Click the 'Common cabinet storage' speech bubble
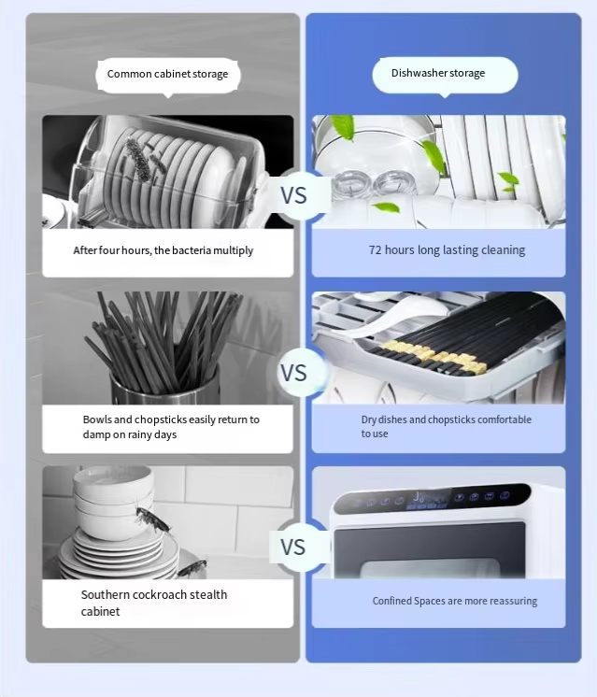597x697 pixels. coord(168,75)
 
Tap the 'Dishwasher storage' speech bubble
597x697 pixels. coord(445,75)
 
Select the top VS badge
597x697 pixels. coord(294,195)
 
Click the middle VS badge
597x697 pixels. coord(294,373)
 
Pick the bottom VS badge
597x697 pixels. coord(293,548)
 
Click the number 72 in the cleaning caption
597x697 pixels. coord(376,249)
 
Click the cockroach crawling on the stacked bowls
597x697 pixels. coord(152,519)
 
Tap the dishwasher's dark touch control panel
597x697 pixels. coord(432,498)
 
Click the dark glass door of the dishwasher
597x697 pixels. coord(430,550)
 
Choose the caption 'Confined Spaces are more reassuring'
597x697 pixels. coord(455,601)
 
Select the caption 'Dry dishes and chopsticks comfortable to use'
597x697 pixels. coord(447,426)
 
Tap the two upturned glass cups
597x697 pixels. coord(375,184)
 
